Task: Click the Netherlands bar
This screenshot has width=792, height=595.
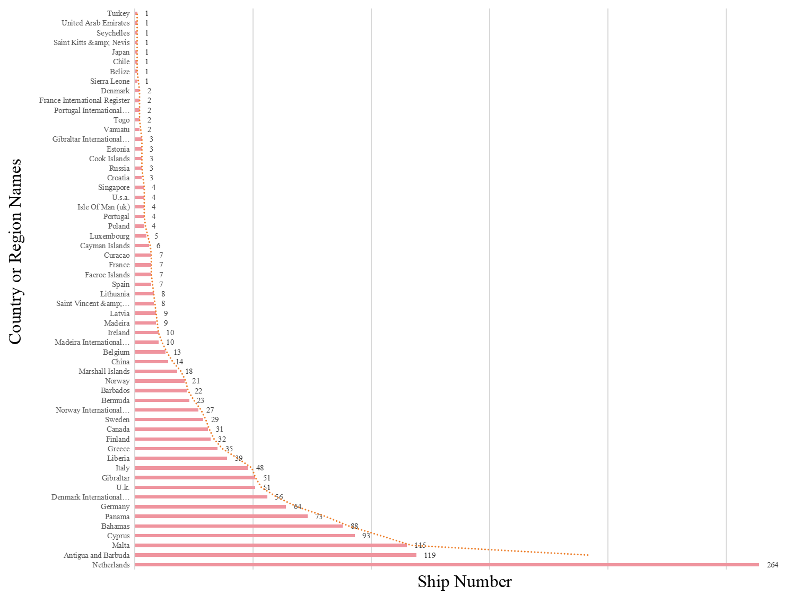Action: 447,565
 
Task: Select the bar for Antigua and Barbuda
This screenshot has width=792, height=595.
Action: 275,555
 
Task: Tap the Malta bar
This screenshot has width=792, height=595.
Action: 271,545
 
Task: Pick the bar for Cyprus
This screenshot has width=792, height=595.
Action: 245,536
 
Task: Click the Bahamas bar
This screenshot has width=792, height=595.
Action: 239,526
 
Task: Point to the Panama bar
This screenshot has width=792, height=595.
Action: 221,517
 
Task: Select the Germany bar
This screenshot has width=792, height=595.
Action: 210,506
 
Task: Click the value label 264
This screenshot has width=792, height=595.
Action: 772,565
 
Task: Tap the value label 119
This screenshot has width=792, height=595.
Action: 430,555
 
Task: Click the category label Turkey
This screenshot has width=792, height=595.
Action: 118,13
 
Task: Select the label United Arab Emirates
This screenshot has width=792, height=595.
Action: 95,23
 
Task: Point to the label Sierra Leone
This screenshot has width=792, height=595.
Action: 110,81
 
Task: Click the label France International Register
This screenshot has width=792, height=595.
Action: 84,100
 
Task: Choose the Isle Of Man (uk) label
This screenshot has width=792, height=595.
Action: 103,207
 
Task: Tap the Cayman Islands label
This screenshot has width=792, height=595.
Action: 105,246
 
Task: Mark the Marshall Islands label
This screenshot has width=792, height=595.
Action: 104,371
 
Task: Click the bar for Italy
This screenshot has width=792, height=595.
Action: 192,468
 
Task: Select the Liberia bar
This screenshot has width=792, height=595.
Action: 181,458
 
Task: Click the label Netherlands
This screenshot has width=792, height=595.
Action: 111,565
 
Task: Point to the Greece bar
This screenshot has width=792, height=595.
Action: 176,449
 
